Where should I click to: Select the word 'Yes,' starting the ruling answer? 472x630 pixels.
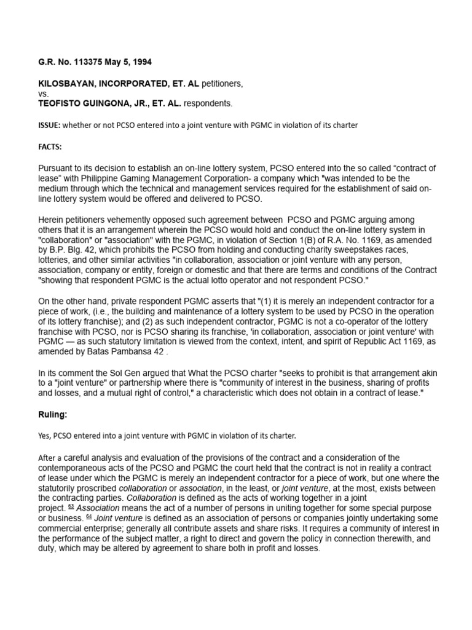(x=47, y=436)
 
